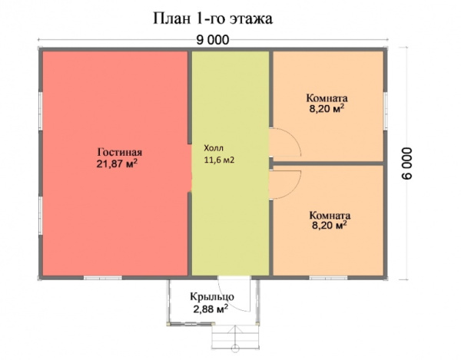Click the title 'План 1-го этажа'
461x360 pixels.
pyautogui.click(x=213, y=18)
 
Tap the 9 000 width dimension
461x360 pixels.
pyautogui.click(x=213, y=40)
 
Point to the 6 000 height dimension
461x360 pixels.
pyautogui.click(x=407, y=163)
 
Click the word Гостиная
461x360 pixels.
pyautogui.click(x=120, y=152)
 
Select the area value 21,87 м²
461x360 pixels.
pyautogui.click(x=117, y=163)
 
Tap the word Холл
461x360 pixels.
pyautogui.click(x=214, y=147)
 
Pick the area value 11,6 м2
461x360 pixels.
pyautogui.click(x=219, y=160)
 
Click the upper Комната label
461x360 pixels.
pyautogui.click(x=327, y=97)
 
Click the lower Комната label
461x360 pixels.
pyautogui.click(x=330, y=216)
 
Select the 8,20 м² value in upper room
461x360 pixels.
pyautogui.click(x=327, y=109)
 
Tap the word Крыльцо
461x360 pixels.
pyautogui.click(x=212, y=296)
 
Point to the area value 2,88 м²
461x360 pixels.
pyautogui.click(x=211, y=309)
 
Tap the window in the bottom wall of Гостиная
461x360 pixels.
pyautogui.click(x=103, y=278)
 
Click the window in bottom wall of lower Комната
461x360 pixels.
pyautogui.click(x=328, y=278)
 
